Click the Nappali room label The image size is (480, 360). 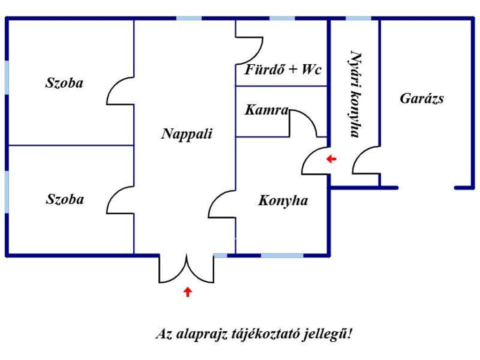(187, 134)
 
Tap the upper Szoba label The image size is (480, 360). (64, 83)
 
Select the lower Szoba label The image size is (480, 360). (65, 199)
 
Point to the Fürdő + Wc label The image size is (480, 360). (283, 70)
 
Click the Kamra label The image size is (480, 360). (266, 111)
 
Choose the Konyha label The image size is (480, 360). (283, 201)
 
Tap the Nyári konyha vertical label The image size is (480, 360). (355, 94)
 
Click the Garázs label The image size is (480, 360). (422, 99)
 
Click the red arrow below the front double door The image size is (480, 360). (187, 292)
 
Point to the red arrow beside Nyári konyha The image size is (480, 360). (331, 159)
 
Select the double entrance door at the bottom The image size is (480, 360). (187, 270)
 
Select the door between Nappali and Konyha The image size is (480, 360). (222, 204)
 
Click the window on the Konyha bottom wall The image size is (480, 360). (282, 255)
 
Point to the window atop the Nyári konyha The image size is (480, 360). (359, 18)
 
